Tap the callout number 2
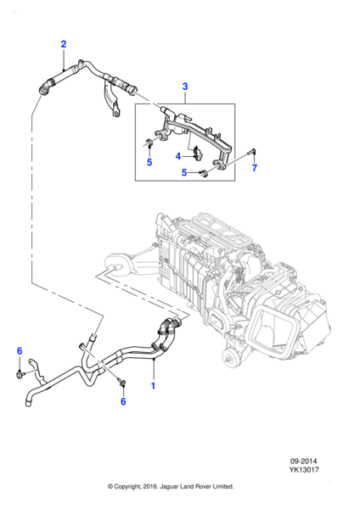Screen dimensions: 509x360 pyautogui.click(x=63, y=44)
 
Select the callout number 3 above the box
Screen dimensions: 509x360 pyautogui.click(x=185, y=86)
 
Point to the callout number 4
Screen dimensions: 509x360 pyautogui.click(x=178, y=156)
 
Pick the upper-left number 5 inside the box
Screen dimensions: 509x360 pyautogui.click(x=149, y=162)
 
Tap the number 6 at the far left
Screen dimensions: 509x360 pyautogui.click(x=20, y=350)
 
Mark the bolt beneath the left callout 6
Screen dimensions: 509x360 pyautogui.click(x=19, y=372)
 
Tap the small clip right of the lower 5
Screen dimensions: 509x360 pyautogui.click(x=204, y=176)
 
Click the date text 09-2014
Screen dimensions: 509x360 pyautogui.click(x=319, y=461)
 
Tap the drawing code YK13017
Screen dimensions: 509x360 pyautogui.click(x=319, y=473)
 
